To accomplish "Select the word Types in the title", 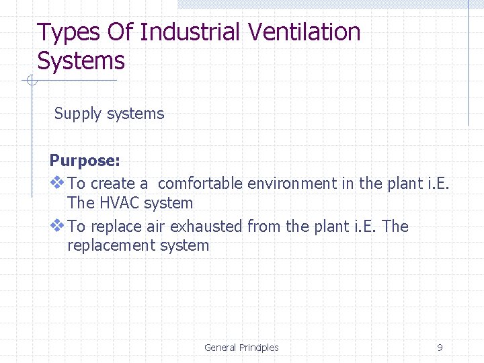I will point(65,32).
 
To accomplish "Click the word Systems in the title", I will point(81,61).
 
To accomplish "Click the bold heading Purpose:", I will point(85,161).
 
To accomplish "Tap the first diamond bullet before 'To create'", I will point(57,182).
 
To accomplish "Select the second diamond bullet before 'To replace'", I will point(57,226).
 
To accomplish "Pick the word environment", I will point(292,183).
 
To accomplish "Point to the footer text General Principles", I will point(241,348).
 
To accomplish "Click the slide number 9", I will point(440,348).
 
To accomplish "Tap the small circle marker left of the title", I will point(31,81).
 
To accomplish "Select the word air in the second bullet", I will point(156,227).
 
